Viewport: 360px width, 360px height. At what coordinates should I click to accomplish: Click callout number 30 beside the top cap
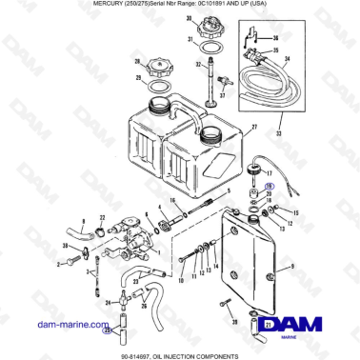[x=190, y=19]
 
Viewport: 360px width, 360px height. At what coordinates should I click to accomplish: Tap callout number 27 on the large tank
[x=254, y=127]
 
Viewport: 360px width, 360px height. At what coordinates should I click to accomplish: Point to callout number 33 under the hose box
[x=278, y=136]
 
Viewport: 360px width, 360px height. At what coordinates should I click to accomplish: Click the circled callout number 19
[x=270, y=189]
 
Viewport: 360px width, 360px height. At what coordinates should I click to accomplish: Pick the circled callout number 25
[x=108, y=330]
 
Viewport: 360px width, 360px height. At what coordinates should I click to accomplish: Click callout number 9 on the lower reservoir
[x=292, y=268]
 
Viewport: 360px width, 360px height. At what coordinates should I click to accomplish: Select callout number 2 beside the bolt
[x=58, y=263]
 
